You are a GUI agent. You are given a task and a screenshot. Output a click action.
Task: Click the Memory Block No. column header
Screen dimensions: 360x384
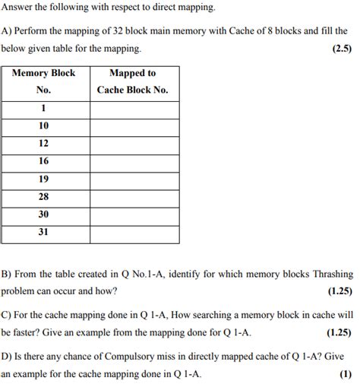coord(44,81)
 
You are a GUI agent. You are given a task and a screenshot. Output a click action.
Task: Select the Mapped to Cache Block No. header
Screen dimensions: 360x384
coord(133,81)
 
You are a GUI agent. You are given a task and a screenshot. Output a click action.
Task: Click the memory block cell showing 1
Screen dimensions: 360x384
coord(44,108)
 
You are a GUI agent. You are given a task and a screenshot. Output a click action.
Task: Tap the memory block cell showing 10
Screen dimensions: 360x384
coord(44,125)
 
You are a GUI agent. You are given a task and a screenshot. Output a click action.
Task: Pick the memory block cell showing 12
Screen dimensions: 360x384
coord(44,143)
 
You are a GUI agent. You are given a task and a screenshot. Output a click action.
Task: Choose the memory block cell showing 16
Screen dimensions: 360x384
coord(44,161)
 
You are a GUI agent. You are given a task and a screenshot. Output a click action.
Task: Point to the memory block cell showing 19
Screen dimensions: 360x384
coord(44,179)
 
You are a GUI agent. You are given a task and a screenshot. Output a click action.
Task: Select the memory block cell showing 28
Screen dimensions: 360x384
coord(44,197)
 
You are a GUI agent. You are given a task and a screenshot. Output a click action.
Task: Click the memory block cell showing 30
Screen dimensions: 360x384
coord(44,214)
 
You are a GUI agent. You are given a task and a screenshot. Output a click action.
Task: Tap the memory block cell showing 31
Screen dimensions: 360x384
coord(44,232)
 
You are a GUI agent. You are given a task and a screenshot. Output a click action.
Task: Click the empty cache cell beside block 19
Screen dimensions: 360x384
coord(134,179)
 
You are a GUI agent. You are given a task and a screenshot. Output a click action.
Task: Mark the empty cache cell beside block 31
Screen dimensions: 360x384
coord(134,232)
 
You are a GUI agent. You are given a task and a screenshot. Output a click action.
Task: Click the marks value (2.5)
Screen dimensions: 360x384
coord(340,49)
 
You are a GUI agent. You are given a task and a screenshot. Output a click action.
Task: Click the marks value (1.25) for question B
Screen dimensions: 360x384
coord(338,291)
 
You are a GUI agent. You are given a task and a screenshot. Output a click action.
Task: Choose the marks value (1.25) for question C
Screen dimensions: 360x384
coord(338,333)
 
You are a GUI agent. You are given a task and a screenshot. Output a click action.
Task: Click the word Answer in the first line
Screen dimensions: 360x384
coord(18,8)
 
